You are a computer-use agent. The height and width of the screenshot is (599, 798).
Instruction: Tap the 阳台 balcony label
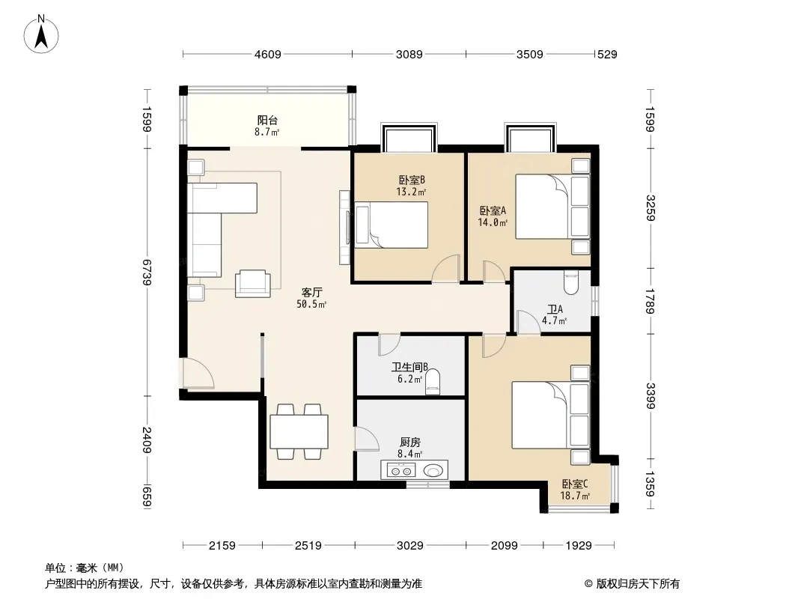[x=267, y=121]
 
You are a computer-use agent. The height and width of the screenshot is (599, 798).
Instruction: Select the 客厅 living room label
[x=311, y=293]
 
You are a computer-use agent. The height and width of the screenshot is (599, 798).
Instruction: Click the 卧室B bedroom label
[x=411, y=180]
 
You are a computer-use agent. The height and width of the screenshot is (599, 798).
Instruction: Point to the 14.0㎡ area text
[x=493, y=222]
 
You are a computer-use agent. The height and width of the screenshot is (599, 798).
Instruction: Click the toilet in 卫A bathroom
[x=571, y=282]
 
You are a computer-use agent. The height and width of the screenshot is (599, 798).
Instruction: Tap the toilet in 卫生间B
[x=433, y=382]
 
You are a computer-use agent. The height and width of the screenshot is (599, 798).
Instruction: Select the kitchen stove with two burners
[x=401, y=470]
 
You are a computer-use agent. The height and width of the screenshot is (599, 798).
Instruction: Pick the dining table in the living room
[x=299, y=431]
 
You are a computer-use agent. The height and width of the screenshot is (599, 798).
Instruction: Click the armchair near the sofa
[x=252, y=284]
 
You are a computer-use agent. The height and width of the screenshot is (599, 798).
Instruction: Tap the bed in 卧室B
[x=392, y=225]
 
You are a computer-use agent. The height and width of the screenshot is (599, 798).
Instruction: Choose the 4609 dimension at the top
[x=268, y=54]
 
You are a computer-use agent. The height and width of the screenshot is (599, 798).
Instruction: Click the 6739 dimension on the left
[x=147, y=273]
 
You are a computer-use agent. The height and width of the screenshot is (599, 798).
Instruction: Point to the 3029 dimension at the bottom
[x=409, y=546]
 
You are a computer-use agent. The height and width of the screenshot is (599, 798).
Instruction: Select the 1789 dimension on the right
[x=649, y=301]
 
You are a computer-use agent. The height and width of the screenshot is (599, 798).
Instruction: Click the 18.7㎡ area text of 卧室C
[x=575, y=496]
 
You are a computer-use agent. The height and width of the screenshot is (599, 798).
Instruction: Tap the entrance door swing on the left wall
[x=198, y=373]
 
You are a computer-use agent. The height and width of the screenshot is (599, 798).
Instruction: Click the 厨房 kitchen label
[x=410, y=443]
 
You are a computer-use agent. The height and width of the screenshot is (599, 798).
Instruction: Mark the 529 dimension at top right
[x=607, y=54]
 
